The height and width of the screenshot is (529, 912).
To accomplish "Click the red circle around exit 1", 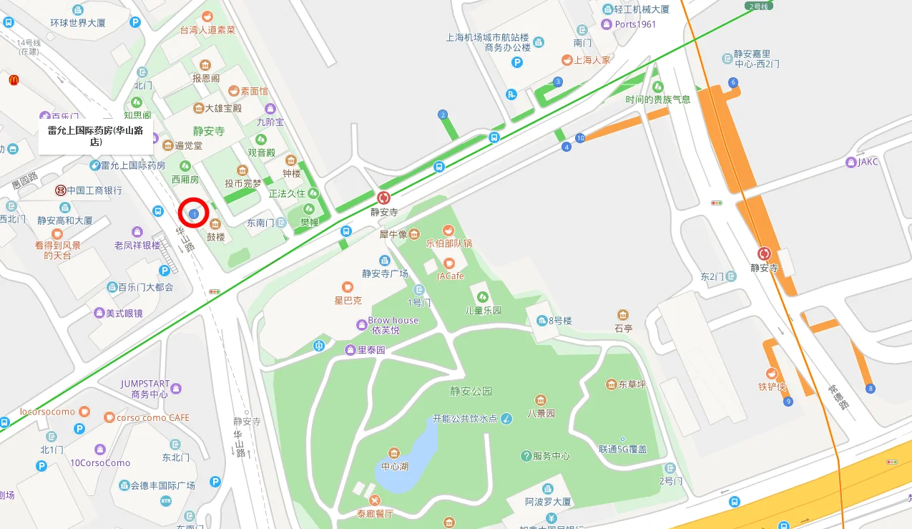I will (x=193, y=213).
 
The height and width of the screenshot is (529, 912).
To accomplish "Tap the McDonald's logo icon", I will (x=14, y=80).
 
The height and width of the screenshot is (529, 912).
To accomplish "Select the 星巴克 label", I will (x=348, y=300).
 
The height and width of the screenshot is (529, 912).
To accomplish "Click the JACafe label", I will (x=450, y=276).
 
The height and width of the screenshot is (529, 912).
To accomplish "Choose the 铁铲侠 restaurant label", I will (x=772, y=387).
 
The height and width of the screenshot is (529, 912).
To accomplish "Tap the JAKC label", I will (x=868, y=162).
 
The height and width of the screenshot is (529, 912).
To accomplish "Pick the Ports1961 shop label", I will (x=635, y=24).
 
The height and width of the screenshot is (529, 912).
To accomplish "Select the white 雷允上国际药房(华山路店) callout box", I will (x=96, y=136).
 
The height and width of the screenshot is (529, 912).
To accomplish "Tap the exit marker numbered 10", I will (x=580, y=137).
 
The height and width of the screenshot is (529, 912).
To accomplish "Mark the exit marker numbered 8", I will (x=870, y=389).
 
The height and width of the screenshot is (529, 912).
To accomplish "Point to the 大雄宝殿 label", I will (x=223, y=108).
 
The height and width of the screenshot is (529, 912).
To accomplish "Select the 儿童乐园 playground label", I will (x=483, y=310).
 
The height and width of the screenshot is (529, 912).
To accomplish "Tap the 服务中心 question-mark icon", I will (x=526, y=455).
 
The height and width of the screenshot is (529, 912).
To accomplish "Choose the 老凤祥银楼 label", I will (x=137, y=245).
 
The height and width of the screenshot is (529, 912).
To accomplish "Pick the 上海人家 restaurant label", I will (x=592, y=60).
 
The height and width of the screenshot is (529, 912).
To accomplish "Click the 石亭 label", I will (x=623, y=329).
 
